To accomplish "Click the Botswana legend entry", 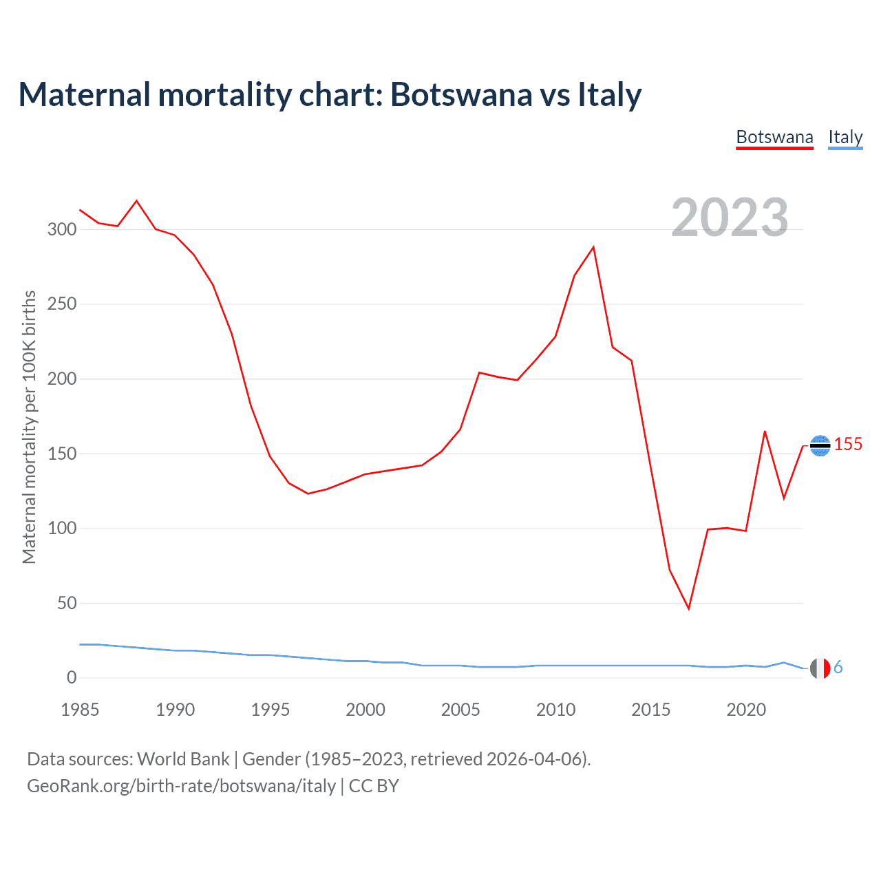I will tap(774, 137).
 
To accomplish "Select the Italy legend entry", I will tap(845, 137).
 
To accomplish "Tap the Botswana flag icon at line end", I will tap(820, 446).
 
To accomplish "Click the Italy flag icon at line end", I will tap(820, 668).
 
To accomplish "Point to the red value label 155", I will tap(848, 445).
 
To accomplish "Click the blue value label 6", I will tap(838, 668).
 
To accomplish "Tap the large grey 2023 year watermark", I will tap(730, 217).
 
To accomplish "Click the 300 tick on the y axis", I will tap(62, 229).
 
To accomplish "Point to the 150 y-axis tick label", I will tap(62, 454).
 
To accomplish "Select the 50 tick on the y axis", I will tap(67, 604).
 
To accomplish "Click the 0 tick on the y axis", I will tap(72, 678).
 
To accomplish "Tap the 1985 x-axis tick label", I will tap(80, 710).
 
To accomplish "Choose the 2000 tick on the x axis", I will tap(365, 710).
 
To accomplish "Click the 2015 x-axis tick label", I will tap(650, 710).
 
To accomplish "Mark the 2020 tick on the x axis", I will tap(746, 710).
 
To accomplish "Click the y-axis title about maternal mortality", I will tap(29, 427).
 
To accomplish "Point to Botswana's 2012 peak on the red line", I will tap(593, 247).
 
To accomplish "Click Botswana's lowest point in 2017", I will tap(688, 608).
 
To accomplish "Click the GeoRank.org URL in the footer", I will tap(181, 786).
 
